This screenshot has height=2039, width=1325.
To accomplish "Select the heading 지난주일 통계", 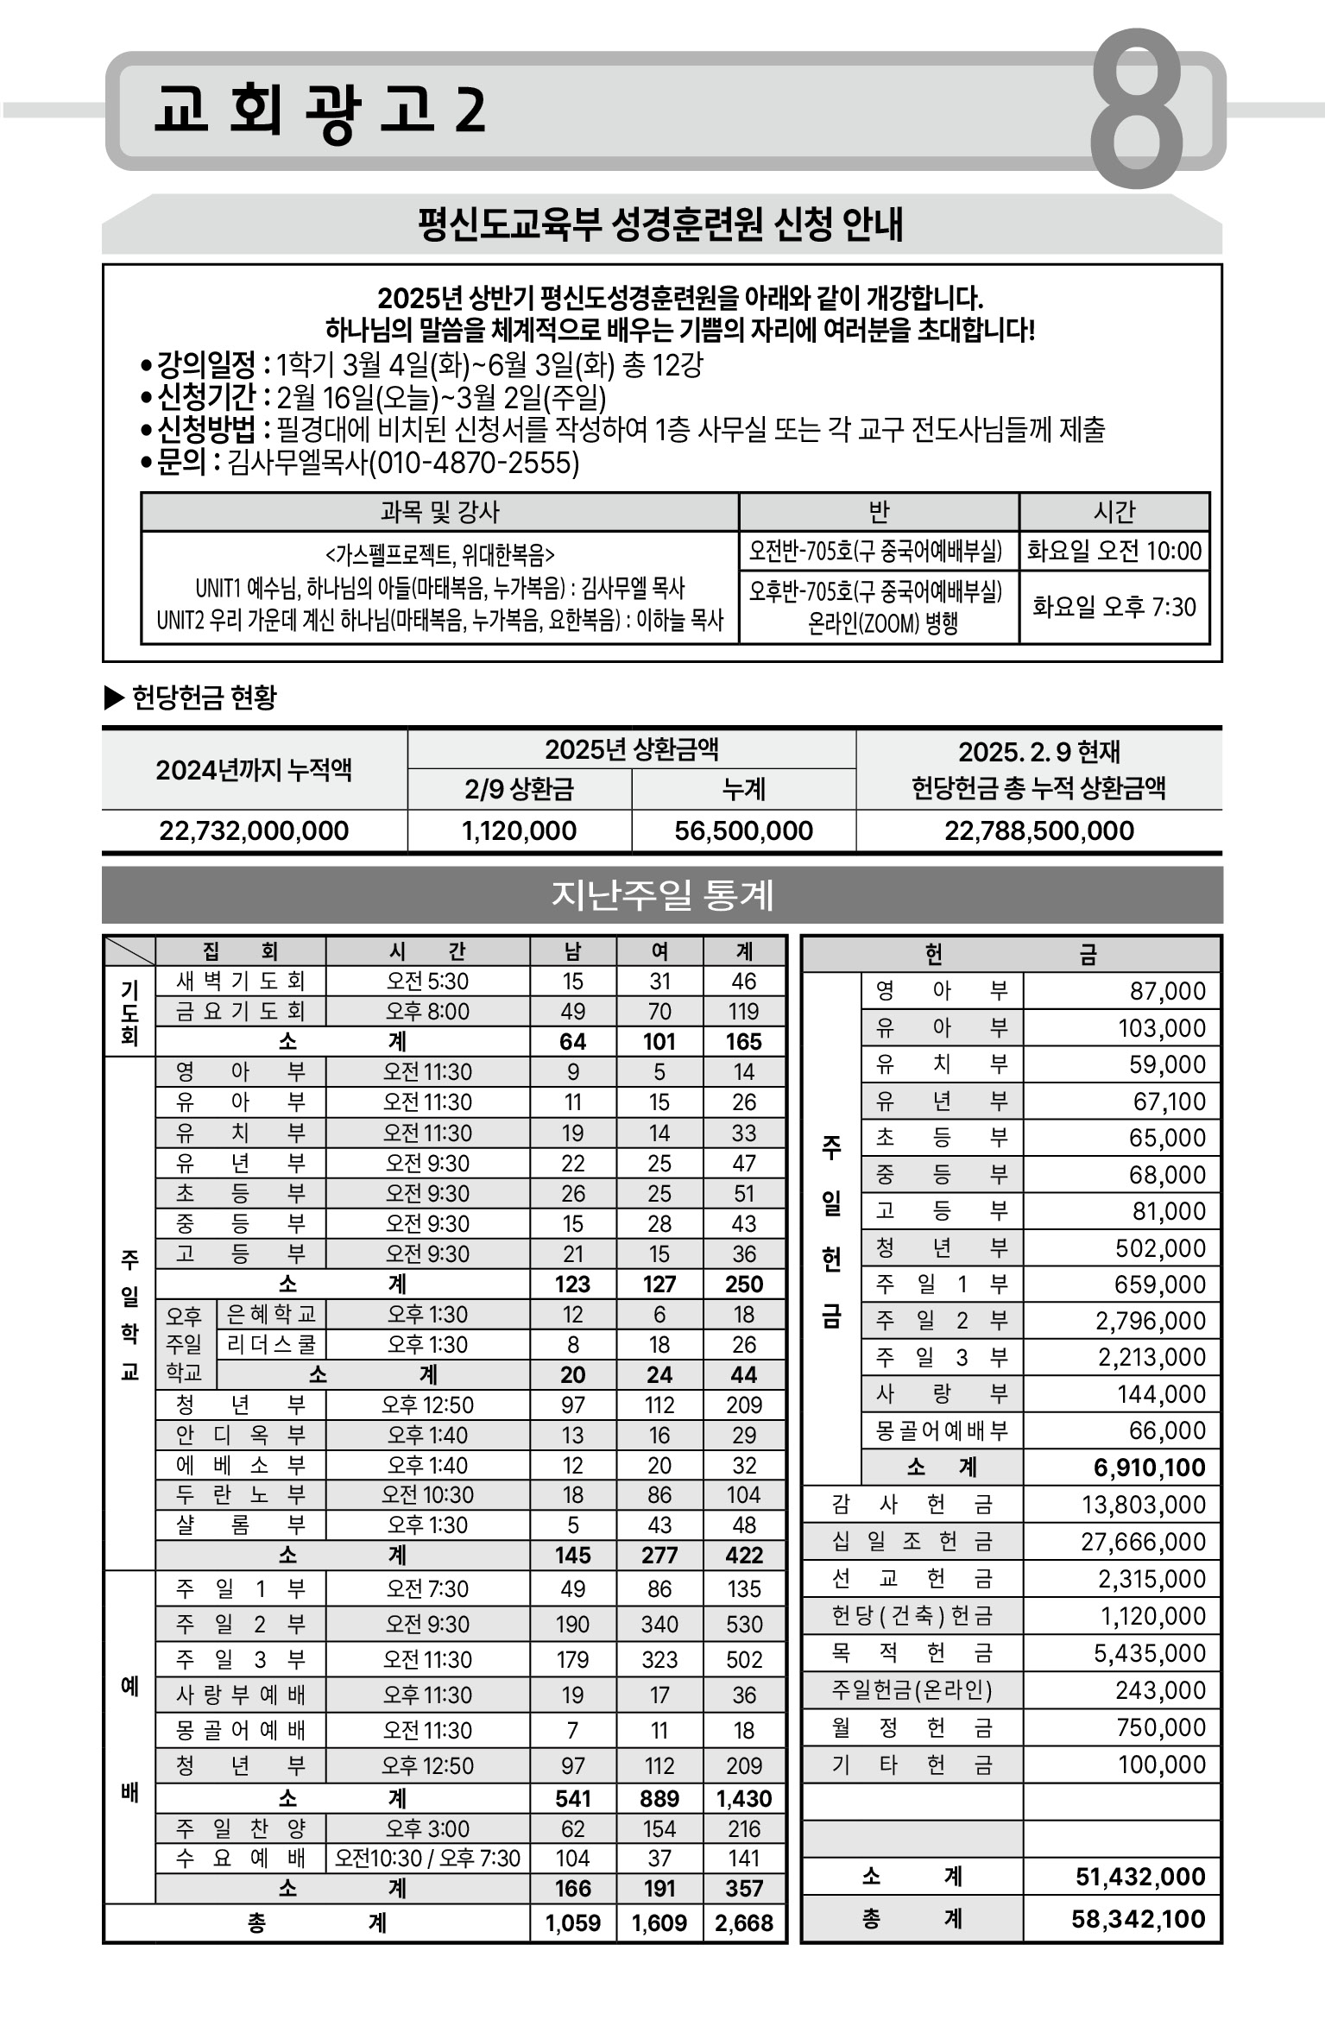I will click(662, 895).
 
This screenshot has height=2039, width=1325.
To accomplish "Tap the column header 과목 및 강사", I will click(439, 512).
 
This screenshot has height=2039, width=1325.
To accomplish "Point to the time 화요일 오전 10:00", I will click(1114, 551).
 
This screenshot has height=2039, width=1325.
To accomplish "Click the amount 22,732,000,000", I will click(254, 830).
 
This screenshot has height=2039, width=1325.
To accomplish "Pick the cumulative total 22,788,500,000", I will click(1038, 830).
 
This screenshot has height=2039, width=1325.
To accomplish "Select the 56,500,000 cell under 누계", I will click(743, 830).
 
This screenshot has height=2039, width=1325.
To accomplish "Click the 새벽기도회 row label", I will click(240, 981).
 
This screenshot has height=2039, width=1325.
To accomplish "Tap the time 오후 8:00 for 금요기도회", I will click(427, 1011).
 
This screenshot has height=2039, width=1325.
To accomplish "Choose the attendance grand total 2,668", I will click(744, 1922).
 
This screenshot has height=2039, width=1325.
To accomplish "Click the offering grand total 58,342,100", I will click(1138, 1919).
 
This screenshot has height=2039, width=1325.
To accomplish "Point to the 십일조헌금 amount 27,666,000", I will click(1143, 1541).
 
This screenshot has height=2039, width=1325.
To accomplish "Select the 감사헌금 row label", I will click(912, 1505).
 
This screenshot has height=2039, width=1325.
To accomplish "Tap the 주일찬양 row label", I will click(240, 1828).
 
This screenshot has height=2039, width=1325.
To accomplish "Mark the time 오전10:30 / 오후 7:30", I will click(427, 1858).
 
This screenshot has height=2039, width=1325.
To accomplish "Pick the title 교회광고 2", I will click(319, 110).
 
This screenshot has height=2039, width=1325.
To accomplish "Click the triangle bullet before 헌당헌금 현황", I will click(114, 697).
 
